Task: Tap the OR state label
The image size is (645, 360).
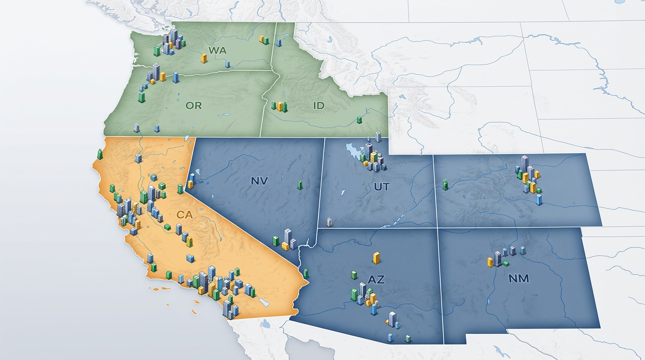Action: point(193,105)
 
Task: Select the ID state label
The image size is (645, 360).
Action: point(318,105)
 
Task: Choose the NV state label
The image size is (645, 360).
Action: point(259,180)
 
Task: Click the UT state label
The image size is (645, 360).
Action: point(382,187)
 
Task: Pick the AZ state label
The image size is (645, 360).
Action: point(376,280)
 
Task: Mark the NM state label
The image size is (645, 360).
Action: point(518,278)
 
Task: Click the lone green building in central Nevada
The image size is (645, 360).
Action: point(300,185)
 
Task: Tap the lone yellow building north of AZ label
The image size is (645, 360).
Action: point(376,258)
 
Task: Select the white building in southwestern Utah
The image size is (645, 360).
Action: point(329,222)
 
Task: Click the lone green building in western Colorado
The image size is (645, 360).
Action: point(445,185)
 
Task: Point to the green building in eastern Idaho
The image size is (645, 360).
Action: point(359,120)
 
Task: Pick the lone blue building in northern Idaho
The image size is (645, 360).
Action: point(279,43)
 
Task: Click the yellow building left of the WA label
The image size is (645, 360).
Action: point(204,58)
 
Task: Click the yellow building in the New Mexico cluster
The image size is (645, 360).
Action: point(490,262)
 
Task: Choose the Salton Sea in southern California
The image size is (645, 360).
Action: point(264,303)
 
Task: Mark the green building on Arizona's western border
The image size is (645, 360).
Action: point(306,273)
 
